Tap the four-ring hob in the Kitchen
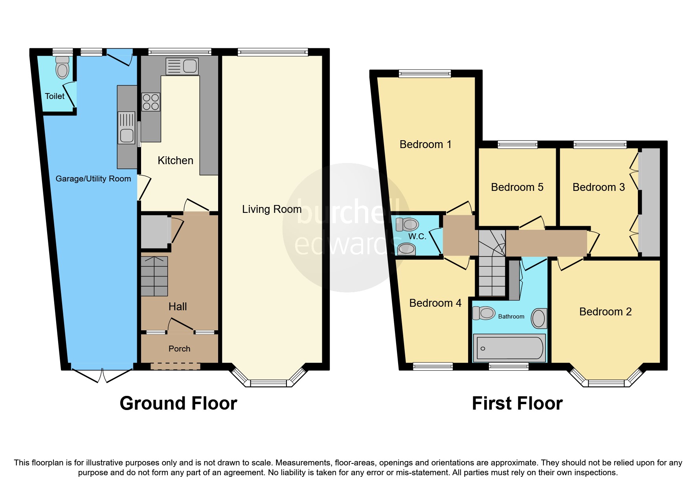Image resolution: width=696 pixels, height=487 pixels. [x=151, y=102]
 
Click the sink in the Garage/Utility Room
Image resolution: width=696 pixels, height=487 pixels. [x=127, y=135]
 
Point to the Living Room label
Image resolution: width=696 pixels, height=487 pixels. [x=272, y=209]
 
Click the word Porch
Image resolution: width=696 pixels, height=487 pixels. [x=179, y=349]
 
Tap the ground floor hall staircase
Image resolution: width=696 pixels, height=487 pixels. [x=154, y=276]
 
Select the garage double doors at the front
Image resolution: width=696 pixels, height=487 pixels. [x=102, y=375]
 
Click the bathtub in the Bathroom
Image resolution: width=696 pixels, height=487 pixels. [x=509, y=348]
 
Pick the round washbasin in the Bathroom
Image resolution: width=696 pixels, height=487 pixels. [x=539, y=318]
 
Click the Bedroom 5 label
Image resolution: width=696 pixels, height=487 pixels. [x=517, y=187]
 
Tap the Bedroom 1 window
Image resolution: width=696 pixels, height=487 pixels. [x=424, y=73]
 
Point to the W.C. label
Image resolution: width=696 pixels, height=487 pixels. [x=417, y=236]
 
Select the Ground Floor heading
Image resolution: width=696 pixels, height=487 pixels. [x=178, y=403]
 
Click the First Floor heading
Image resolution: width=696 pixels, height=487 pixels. [x=517, y=403]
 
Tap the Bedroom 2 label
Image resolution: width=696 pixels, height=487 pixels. [x=605, y=312]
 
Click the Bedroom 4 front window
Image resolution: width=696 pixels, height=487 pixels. [x=433, y=366]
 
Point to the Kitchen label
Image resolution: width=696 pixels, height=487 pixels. [x=175, y=161]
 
